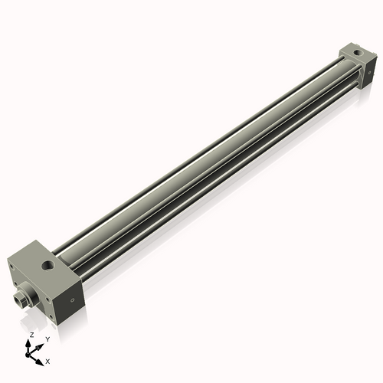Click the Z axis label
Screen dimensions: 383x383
click(x=31, y=336)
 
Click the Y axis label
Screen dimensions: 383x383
click(x=47, y=339)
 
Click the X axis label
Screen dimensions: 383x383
click(x=48, y=360)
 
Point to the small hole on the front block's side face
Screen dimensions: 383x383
click(x=72, y=300)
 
